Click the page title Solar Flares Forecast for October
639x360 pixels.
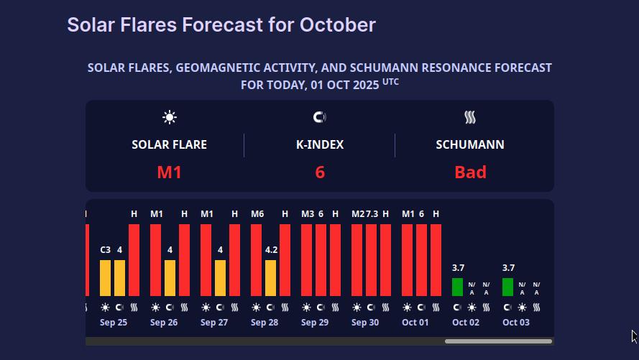click(x=221, y=25)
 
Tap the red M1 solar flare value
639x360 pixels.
click(x=170, y=172)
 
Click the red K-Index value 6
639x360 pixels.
click(x=320, y=172)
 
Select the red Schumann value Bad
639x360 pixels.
click(x=470, y=172)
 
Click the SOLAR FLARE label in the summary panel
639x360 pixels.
click(x=169, y=144)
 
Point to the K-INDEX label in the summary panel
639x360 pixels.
click(x=320, y=144)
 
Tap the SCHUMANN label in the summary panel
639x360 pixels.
click(x=470, y=144)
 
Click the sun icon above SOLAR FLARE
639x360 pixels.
click(x=170, y=117)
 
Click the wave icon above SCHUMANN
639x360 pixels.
click(x=470, y=117)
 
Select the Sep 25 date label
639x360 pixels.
click(x=114, y=323)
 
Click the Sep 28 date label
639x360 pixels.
click(x=265, y=323)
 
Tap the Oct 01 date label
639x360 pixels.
click(x=415, y=323)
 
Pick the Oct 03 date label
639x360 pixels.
click(x=515, y=323)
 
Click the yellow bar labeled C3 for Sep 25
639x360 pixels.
click(x=105, y=278)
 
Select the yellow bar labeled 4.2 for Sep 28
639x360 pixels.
click(x=270, y=278)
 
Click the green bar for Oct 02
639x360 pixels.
click(x=457, y=287)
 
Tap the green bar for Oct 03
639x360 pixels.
click(x=507, y=287)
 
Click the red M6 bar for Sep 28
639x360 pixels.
click(x=256, y=260)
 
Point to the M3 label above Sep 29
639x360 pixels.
click(x=308, y=213)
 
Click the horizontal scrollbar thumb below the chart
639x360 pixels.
click(x=498, y=341)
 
